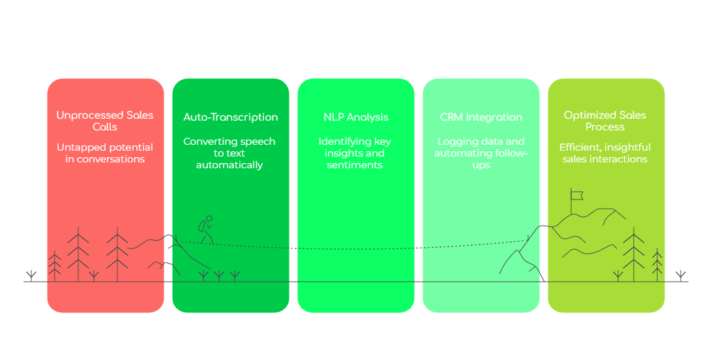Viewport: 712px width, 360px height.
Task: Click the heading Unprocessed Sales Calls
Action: (x=105, y=121)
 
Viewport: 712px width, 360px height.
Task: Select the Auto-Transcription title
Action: (x=230, y=117)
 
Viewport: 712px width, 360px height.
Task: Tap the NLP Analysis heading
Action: (x=355, y=117)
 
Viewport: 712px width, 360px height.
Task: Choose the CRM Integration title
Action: (x=481, y=117)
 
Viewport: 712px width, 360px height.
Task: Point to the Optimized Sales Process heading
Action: (x=605, y=121)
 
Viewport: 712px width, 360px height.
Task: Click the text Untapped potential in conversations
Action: (x=105, y=153)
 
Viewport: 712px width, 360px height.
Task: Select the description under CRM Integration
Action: (x=481, y=153)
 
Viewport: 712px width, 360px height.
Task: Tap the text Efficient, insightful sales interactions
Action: (x=605, y=153)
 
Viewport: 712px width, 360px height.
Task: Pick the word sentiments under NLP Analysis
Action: (x=355, y=165)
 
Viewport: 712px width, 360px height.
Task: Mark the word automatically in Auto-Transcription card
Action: (x=230, y=165)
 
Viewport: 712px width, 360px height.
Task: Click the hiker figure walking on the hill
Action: (x=206, y=230)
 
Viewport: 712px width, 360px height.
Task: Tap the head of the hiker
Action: (x=209, y=219)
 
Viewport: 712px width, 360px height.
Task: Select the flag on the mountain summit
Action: (x=576, y=194)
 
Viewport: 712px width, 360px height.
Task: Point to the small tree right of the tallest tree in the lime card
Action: (x=657, y=265)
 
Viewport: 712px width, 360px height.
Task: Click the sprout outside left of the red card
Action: (x=31, y=275)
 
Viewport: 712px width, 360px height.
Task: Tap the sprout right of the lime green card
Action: (x=681, y=275)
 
